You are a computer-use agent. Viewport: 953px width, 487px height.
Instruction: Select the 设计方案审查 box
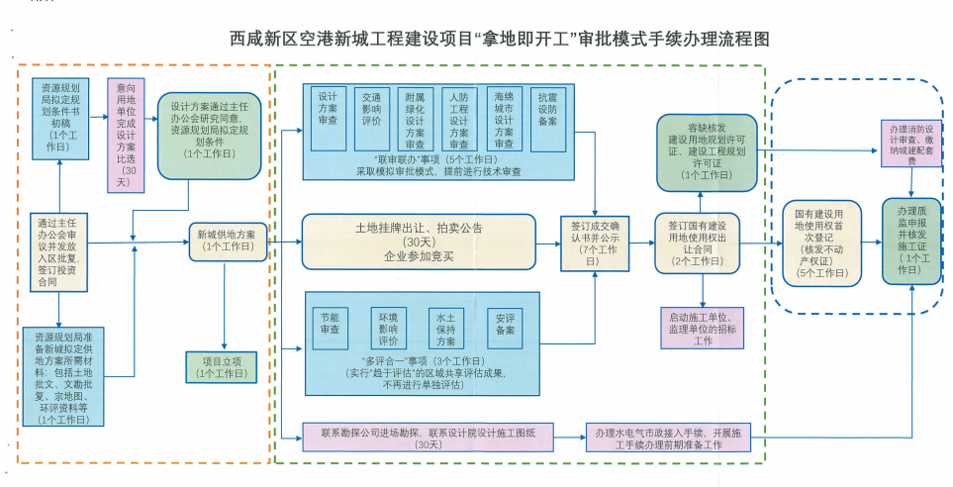pyautogui.click(x=328, y=118)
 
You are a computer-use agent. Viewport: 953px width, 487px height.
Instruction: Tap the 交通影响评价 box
pyautogui.click(x=372, y=118)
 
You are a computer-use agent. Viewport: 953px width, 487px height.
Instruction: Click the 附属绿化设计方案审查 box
pyautogui.click(x=415, y=118)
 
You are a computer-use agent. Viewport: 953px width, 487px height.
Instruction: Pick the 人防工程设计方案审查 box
pyautogui.click(x=459, y=118)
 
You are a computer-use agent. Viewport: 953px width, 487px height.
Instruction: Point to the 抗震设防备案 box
pyautogui.click(x=547, y=118)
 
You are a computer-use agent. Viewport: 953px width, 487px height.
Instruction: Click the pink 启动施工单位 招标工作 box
pyautogui.click(x=702, y=328)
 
